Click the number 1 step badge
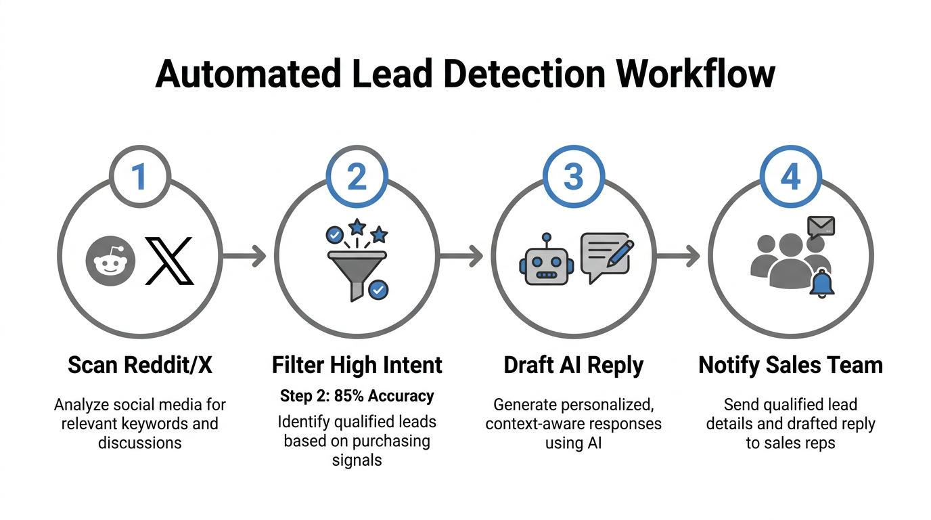[139, 176]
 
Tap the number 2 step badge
[357, 176]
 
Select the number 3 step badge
[574, 176]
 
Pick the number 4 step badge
[790, 176]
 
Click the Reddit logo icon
[111, 260]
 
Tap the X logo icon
[169, 260]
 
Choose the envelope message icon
[821, 225]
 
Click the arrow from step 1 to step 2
[244, 256]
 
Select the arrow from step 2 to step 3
[461, 256]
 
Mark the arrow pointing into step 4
[678, 256]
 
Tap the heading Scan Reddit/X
[139, 366]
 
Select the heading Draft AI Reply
[574, 366]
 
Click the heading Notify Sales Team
[790, 366]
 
